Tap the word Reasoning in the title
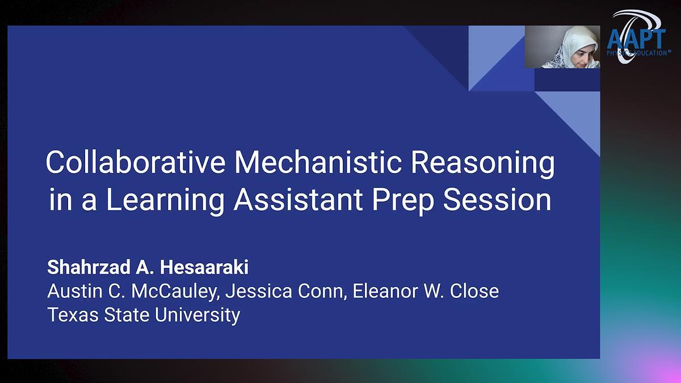coord(483,164)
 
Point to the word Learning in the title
coord(165,201)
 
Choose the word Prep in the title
coord(403,201)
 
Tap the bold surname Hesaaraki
coord(204,267)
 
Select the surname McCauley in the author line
coord(175,292)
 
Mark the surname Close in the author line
coord(474,291)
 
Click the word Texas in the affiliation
coord(73,314)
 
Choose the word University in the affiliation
coord(197,315)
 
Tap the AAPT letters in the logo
coord(636,40)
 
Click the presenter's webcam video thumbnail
coord(562,47)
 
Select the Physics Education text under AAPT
coord(638,53)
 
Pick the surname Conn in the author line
coord(322,291)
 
